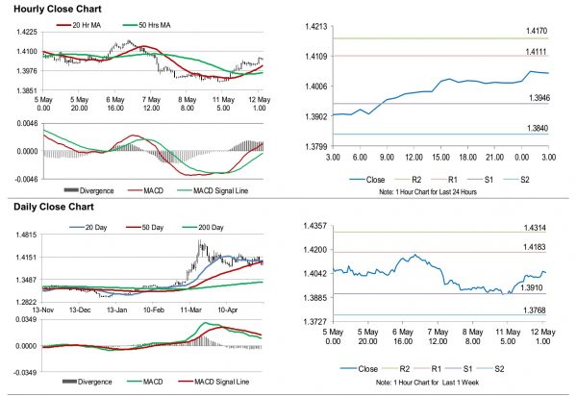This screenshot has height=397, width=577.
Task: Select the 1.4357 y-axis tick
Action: [x=314, y=225]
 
